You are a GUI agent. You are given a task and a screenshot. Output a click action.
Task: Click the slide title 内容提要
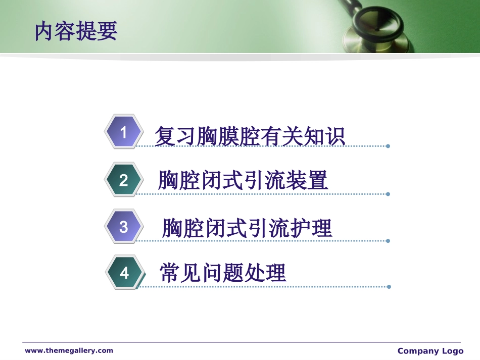pyautogui.click(x=76, y=31)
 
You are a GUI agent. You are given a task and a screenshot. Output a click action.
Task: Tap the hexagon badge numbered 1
pyautogui.click(x=123, y=132)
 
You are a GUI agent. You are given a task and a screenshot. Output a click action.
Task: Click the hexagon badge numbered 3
pyautogui.click(x=123, y=227)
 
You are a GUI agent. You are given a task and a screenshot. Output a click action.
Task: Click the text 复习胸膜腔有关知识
pyautogui.click(x=250, y=135)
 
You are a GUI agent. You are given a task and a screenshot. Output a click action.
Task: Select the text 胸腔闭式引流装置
pyautogui.click(x=243, y=181)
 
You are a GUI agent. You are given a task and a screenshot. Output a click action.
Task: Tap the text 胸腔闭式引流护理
pyautogui.click(x=247, y=228)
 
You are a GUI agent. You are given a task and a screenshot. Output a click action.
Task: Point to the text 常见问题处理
pyautogui.click(x=223, y=273)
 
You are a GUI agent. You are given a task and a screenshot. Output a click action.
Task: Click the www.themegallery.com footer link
pyautogui.click(x=69, y=350)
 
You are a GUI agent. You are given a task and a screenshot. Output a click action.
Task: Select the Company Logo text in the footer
pyautogui.click(x=430, y=351)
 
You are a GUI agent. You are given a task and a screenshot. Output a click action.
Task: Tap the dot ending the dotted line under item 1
pyautogui.click(x=388, y=146)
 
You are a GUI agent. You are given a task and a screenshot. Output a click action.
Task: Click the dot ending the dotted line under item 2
pyautogui.click(x=388, y=194)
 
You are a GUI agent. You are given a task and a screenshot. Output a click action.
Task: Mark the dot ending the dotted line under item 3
pyautogui.click(x=388, y=241)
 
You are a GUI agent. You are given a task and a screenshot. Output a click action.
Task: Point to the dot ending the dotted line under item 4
pyautogui.click(x=389, y=287)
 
